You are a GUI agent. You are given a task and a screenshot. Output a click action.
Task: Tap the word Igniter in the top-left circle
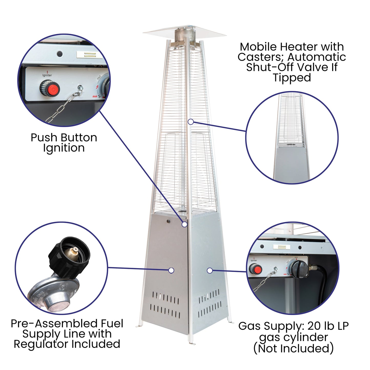point(47,75)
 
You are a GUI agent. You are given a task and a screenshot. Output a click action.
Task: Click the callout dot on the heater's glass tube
point(191,122)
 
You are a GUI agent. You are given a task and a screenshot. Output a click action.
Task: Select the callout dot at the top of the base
point(184,224)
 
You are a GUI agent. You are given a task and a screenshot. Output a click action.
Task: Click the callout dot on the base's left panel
point(171,270)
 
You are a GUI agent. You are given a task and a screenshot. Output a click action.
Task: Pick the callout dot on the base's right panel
point(209,270)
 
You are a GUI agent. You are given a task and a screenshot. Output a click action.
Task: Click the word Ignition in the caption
point(64,148)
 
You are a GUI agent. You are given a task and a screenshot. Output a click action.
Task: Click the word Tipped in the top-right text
point(292,78)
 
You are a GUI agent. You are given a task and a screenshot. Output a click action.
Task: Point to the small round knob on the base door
point(168,221)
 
